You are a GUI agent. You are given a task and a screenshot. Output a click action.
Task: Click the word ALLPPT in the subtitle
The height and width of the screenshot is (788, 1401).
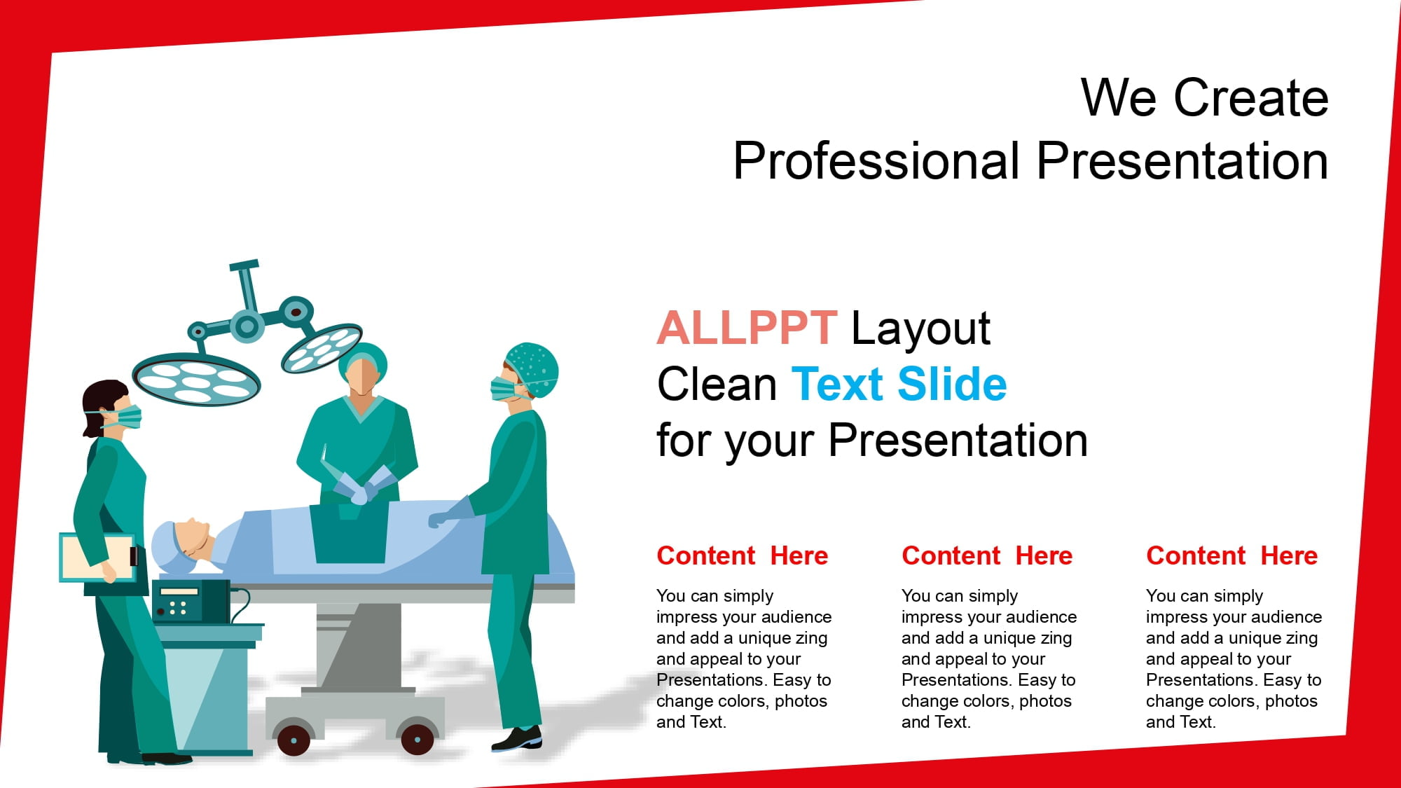pyautogui.click(x=747, y=328)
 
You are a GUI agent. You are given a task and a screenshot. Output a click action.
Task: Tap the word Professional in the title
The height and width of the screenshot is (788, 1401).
pyautogui.click(x=876, y=161)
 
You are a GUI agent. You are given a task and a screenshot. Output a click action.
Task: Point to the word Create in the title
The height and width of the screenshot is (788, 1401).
pyautogui.click(x=1251, y=97)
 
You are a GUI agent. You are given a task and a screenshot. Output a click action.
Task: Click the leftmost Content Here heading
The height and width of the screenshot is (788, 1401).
pyautogui.click(x=743, y=555)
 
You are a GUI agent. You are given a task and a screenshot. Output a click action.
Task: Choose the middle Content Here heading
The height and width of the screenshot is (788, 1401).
pyautogui.click(x=987, y=555)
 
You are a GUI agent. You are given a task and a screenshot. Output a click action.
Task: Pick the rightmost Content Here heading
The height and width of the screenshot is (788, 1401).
pyautogui.click(x=1232, y=555)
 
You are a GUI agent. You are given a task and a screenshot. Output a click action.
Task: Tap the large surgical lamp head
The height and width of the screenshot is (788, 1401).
pyautogui.click(x=197, y=379)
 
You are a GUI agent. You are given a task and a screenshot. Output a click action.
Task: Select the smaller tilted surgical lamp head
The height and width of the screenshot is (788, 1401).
pyautogui.click(x=322, y=347)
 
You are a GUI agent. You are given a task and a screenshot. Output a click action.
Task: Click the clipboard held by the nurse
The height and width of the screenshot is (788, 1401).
pyautogui.click(x=97, y=558)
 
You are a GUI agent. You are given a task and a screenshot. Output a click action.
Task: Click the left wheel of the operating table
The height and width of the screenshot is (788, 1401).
pyautogui.click(x=294, y=740)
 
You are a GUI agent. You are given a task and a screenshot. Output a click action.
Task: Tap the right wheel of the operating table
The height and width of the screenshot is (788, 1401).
pyautogui.click(x=417, y=740)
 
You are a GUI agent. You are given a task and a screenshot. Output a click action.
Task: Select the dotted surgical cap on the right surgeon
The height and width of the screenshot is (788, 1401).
pyautogui.click(x=534, y=368)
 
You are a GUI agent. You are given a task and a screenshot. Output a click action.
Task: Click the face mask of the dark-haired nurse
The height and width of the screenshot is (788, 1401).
pyautogui.click(x=127, y=417)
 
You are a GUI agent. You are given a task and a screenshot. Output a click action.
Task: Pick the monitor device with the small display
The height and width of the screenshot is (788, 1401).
pyautogui.click(x=191, y=601)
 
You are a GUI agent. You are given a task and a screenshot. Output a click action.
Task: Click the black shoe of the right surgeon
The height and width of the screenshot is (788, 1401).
pyautogui.click(x=517, y=739)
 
